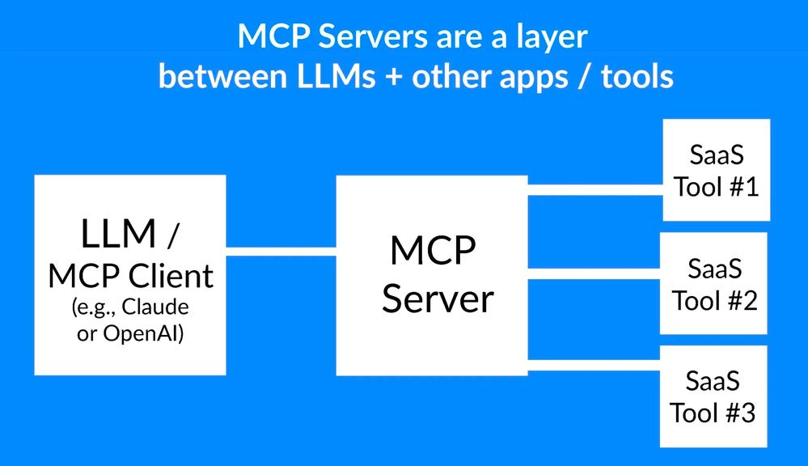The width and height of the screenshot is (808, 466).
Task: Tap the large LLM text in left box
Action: click(x=118, y=234)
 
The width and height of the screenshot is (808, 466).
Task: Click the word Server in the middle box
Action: click(x=438, y=299)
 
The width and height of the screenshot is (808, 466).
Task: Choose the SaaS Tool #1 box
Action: click(x=716, y=170)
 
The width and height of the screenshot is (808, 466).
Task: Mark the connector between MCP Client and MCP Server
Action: click(x=281, y=251)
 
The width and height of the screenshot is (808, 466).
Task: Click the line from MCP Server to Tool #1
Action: click(x=594, y=190)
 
